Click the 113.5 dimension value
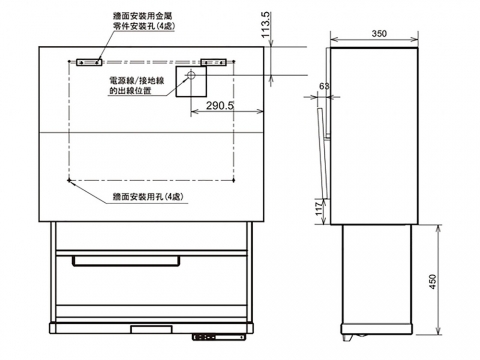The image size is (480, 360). (266, 25)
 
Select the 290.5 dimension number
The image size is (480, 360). (220, 106)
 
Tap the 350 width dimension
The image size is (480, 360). (379, 34)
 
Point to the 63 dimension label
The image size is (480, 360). (324, 86)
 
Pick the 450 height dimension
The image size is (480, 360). (432, 281)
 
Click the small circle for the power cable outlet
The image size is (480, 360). (191, 75)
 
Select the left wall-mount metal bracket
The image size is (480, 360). (89, 62)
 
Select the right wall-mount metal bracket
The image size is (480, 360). (213, 62)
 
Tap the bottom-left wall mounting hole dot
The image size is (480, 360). (69, 180)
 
